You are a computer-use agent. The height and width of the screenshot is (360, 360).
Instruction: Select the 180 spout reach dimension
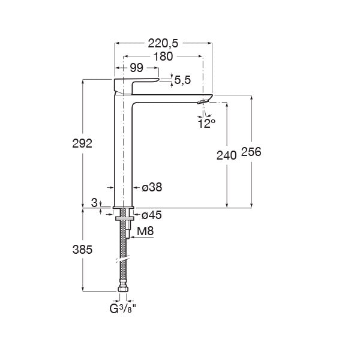pyautogui.click(x=163, y=56)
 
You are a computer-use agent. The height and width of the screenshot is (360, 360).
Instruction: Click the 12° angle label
pyautogui.click(x=206, y=123)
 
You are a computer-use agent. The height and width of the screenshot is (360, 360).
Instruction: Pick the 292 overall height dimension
pyautogui.click(x=82, y=144)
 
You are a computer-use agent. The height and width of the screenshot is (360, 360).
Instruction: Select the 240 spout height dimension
pyautogui.click(x=226, y=155)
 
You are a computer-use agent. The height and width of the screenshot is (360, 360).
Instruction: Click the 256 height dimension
pyautogui.click(x=252, y=152)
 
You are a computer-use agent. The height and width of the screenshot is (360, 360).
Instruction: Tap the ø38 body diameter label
pyautogui.click(x=152, y=188)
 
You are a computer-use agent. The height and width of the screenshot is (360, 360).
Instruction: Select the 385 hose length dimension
pyautogui.click(x=82, y=250)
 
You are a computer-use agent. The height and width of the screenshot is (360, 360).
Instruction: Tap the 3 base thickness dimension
pyautogui.click(x=94, y=204)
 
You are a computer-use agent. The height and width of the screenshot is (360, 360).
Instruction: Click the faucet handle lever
pyautogui.click(x=137, y=82)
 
